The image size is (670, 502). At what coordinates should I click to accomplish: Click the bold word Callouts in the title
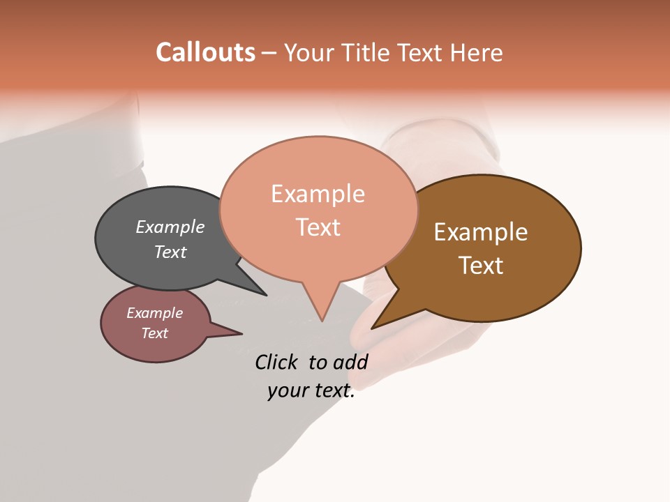(x=205, y=52)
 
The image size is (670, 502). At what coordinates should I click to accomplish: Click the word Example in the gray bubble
(x=170, y=227)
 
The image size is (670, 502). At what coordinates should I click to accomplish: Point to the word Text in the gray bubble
(x=170, y=252)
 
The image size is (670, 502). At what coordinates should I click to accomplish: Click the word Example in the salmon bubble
(x=318, y=194)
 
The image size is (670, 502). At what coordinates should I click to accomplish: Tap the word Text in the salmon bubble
(x=318, y=227)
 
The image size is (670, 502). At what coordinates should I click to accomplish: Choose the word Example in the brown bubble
(x=481, y=232)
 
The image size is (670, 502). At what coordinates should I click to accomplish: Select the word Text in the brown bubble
(x=481, y=266)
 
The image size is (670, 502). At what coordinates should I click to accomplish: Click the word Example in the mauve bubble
(x=155, y=313)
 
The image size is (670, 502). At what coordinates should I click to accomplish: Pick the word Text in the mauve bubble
(x=155, y=333)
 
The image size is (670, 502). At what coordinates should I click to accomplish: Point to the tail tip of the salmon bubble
(x=322, y=320)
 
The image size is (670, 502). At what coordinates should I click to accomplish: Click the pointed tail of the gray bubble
(x=265, y=294)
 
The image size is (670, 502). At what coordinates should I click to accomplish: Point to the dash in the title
(x=269, y=53)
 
